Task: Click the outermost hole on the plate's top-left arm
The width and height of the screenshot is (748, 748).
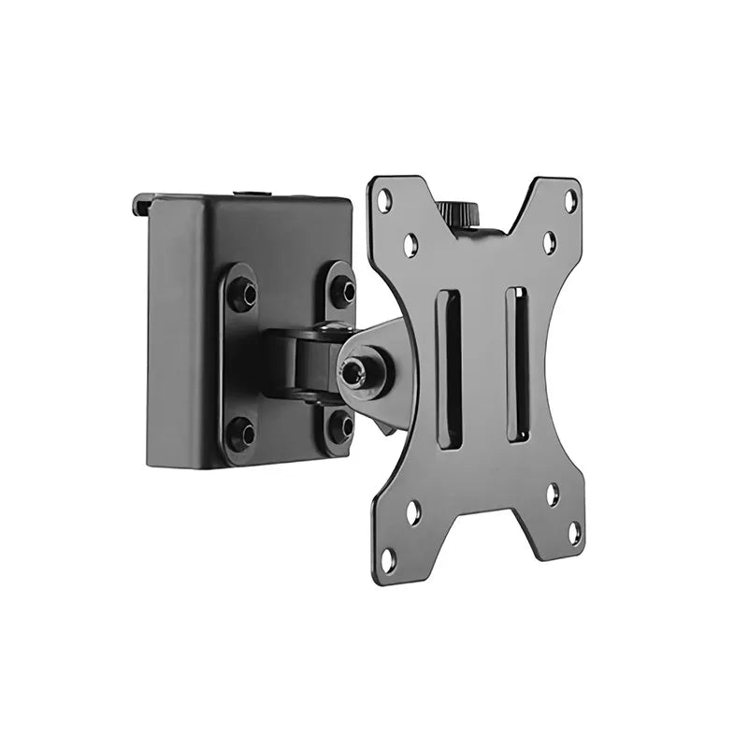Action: (x=383, y=199)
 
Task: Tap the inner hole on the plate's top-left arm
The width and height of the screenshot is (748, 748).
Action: (x=410, y=245)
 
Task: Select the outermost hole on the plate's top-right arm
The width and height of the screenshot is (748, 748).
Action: (x=571, y=199)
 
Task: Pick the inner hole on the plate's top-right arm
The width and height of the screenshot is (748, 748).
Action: (x=549, y=242)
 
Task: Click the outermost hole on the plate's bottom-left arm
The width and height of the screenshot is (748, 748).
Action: (x=388, y=558)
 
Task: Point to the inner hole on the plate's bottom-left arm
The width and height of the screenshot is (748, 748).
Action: (x=413, y=511)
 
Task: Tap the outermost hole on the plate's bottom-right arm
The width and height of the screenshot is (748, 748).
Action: (x=574, y=533)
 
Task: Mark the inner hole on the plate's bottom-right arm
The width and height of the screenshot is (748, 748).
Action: (x=552, y=493)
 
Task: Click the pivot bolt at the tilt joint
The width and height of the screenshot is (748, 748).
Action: (x=354, y=373)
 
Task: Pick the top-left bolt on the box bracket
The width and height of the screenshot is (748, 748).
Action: (x=242, y=295)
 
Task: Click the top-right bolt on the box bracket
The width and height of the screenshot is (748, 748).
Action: (x=342, y=291)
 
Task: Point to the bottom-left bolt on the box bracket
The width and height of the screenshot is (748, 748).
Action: (x=242, y=432)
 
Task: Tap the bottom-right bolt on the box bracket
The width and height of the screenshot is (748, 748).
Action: (x=341, y=427)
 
